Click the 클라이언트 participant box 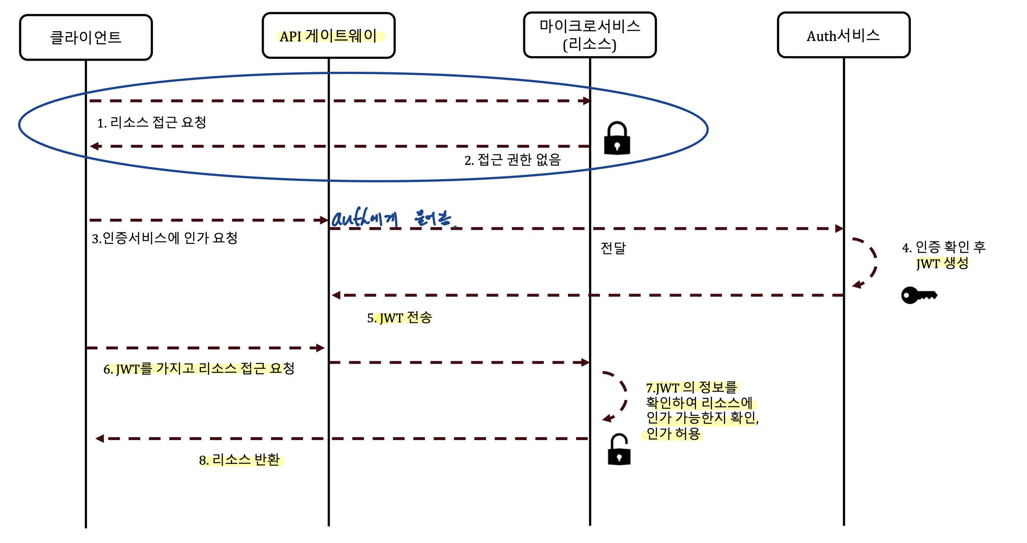coord(86,37)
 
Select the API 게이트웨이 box coord(329,35)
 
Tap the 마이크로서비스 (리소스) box coord(590,35)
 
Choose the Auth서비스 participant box coord(844,35)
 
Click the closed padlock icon coord(617,138)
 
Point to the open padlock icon coord(619,449)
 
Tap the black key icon coord(919,295)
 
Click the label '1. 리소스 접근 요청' coord(151,122)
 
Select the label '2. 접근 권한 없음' coord(512,160)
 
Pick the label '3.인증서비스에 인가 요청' coord(164,238)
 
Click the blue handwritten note coord(392,217)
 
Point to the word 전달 coord(613,248)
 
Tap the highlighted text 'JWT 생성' coord(942,263)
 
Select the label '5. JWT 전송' coord(399,317)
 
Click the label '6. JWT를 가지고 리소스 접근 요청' coord(199,368)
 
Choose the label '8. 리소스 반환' coord(240,460)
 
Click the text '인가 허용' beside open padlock coord(673,433)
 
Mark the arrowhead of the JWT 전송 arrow coord(336,295)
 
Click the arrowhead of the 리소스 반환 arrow coord(100,438)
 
